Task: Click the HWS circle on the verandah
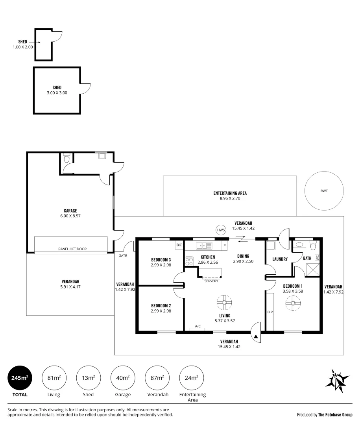(221, 230)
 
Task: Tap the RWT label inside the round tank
(324, 191)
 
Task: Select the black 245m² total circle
(20, 378)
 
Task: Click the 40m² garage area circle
(123, 378)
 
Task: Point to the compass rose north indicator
(337, 381)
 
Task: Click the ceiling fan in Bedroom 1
(293, 303)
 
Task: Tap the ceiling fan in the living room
(224, 303)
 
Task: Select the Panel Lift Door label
(72, 249)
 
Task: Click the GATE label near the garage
(123, 256)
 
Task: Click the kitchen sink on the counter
(204, 246)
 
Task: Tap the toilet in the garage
(66, 158)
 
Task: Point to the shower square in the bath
(312, 269)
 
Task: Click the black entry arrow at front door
(256, 336)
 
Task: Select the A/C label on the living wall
(198, 326)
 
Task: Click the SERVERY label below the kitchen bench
(211, 281)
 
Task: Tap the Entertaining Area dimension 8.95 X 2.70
(230, 198)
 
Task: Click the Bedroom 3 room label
(161, 260)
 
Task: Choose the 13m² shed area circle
(89, 378)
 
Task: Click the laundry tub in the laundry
(270, 245)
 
